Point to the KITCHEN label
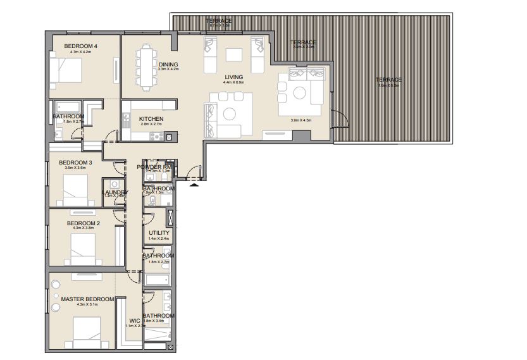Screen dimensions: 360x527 [151, 119]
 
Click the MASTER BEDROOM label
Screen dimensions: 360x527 [87, 299]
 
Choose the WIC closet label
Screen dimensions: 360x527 [133, 320]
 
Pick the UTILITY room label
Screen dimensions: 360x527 [159, 233]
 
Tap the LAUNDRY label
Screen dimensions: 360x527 [116, 192]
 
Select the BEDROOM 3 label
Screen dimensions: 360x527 [75, 163]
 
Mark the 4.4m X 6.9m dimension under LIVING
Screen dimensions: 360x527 [233, 83]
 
